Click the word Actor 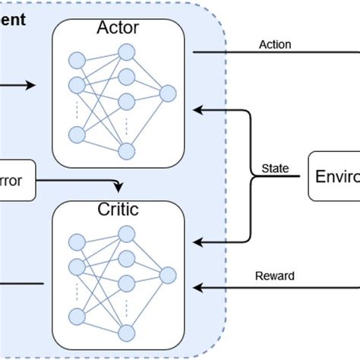(x=118, y=28)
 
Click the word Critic (x=118, y=210)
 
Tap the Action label (x=275, y=44)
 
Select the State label (x=274, y=168)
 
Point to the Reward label (x=276, y=276)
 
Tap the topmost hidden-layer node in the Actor (x=126, y=52)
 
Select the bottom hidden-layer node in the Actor (x=126, y=150)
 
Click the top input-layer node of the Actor (x=76, y=60)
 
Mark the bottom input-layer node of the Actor (x=76, y=134)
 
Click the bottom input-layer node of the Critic (x=76, y=315)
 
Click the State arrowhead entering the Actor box (x=197, y=110)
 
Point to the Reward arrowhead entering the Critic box (x=197, y=287)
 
